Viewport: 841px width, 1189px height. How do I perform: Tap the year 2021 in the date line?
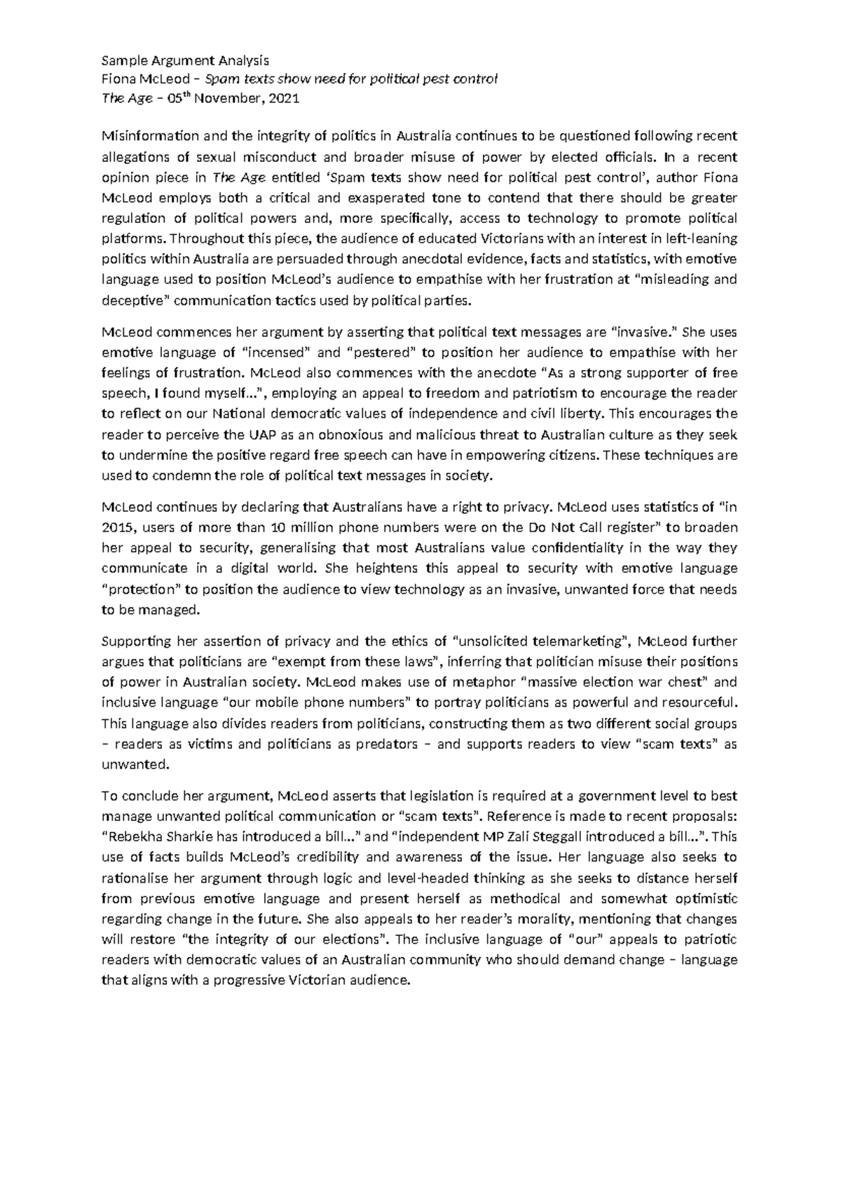pyautogui.click(x=283, y=99)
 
